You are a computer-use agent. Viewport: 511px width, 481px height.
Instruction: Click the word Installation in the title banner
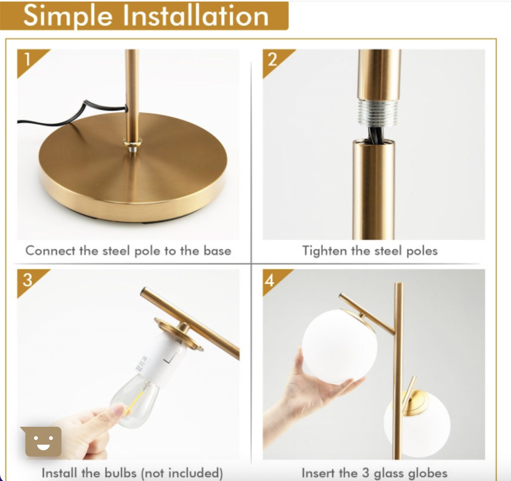coord(196,16)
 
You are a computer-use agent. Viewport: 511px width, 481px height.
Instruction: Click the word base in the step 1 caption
coord(218,250)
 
